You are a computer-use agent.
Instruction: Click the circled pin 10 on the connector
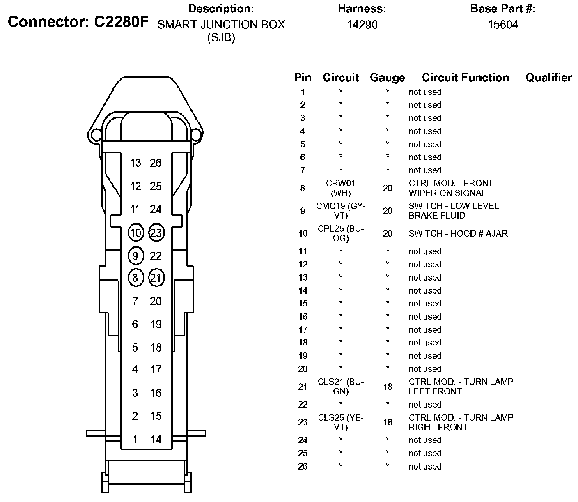click(135, 233)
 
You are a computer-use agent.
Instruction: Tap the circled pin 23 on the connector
click(156, 233)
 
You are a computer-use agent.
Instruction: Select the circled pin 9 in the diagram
click(135, 256)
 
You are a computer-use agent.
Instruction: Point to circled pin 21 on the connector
click(156, 278)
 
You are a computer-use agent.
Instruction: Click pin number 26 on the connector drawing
click(156, 163)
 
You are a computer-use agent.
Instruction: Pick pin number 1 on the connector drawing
click(135, 440)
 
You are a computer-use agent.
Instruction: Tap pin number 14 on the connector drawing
click(156, 440)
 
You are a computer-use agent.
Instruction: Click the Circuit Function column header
click(465, 78)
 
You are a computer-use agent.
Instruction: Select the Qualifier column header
click(548, 78)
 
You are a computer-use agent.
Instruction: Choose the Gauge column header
click(387, 78)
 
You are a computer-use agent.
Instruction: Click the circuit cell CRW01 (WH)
click(341, 188)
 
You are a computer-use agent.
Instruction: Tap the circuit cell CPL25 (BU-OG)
click(341, 233)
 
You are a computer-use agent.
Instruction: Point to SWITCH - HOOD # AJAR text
click(458, 233)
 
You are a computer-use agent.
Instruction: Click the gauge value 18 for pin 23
click(388, 422)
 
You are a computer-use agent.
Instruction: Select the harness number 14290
click(362, 25)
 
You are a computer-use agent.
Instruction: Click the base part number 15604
click(502, 25)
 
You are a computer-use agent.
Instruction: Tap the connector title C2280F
click(78, 22)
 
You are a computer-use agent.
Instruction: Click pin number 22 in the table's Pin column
click(303, 405)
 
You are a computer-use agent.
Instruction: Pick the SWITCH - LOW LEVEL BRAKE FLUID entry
click(453, 211)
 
